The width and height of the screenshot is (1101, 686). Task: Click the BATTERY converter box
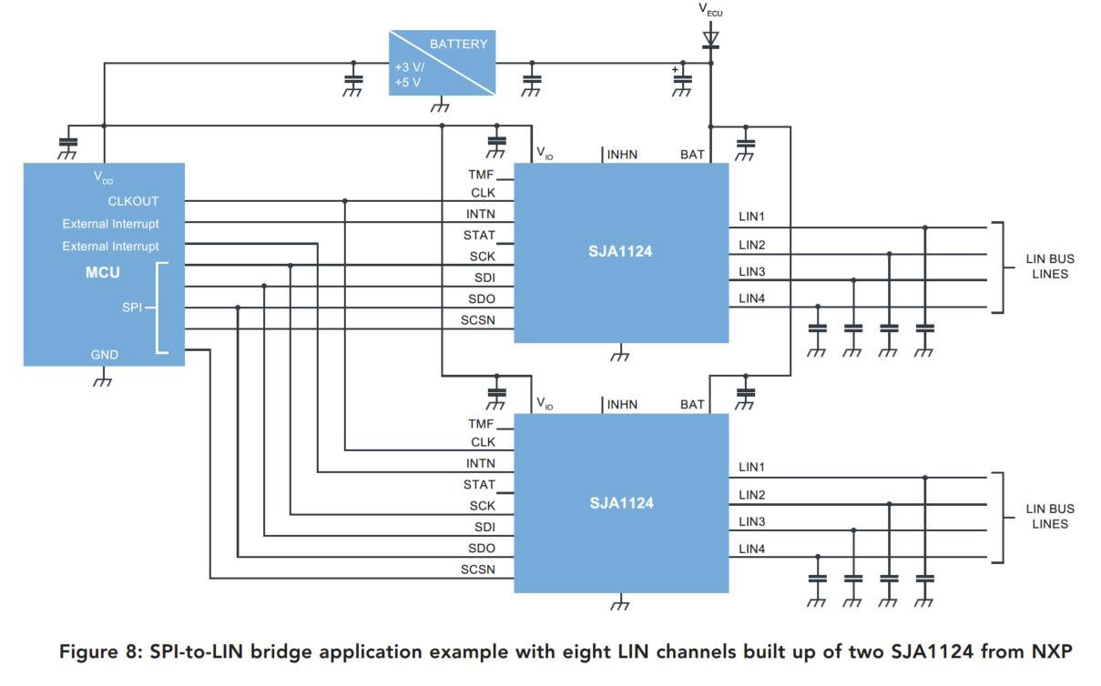tap(443, 62)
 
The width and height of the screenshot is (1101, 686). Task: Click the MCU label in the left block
tap(102, 272)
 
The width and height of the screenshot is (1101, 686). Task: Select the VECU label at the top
tap(710, 10)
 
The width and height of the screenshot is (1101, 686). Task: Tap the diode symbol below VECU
tap(710, 39)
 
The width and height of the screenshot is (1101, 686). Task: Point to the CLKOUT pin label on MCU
tap(133, 201)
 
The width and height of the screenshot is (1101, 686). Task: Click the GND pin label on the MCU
tap(104, 355)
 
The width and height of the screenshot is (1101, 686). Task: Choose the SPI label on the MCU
tap(131, 308)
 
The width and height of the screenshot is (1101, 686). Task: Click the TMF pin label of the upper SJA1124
tap(481, 174)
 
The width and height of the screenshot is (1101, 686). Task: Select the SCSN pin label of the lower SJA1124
tap(478, 570)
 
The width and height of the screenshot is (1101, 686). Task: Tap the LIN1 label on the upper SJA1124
tap(751, 217)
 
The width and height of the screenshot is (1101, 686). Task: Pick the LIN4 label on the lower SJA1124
tap(751, 549)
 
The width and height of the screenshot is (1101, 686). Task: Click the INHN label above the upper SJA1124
tap(622, 155)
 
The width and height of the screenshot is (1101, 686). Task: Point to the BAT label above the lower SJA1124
tap(692, 405)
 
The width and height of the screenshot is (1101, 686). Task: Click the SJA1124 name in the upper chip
tap(620, 252)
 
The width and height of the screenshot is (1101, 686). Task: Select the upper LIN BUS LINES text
tap(1050, 267)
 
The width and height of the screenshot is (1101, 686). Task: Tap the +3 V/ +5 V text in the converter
tap(409, 75)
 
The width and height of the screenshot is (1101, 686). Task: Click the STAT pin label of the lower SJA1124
tap(479, 485)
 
